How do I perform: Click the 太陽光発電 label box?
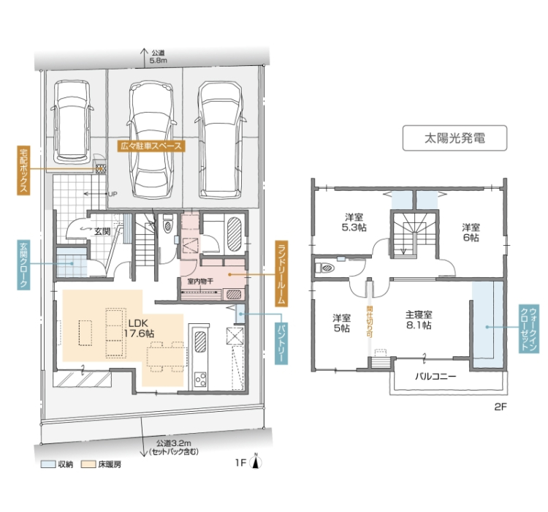coord(454,138)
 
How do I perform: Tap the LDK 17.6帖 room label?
coord(139,328)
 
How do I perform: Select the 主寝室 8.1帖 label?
coord(419,320)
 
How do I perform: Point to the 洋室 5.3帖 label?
coord(354,222)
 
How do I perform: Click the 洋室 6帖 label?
coord(471,233)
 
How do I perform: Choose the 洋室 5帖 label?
coord(341,323)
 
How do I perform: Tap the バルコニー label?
coord(435,377)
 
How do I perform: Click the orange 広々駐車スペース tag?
coord(151,146)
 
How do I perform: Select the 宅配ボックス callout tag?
coord(23,170)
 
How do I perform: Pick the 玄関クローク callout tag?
coord(23,265)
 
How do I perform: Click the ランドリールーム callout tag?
coord(281,274)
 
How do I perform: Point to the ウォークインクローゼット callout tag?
coord(529,328)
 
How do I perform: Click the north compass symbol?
coord(256,462)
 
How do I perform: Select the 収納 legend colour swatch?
coord(48,464)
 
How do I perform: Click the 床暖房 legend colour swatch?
coord(88,464)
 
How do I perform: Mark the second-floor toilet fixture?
coord(324,268)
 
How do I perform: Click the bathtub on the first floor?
coord(234,234)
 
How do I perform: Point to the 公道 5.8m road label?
coord(158,56)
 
